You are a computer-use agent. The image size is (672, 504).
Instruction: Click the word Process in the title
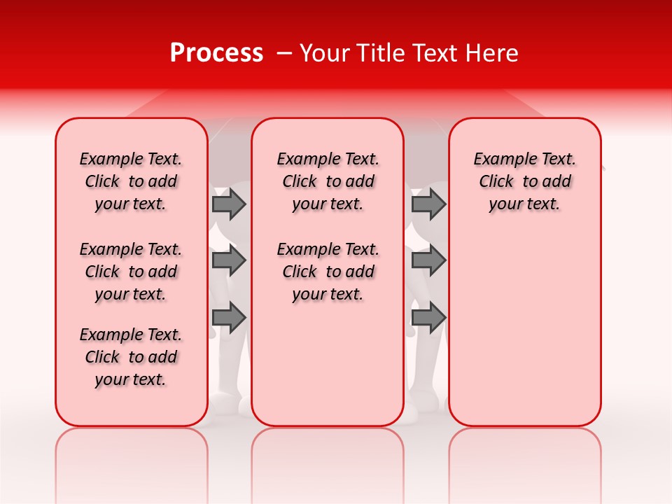pyautogui.click(x=216, y=53)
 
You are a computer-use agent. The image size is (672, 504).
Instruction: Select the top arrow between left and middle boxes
pyautogui.click(x=228, y=204)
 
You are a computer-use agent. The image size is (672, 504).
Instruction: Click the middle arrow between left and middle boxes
pyautogui.click(x=228, y=260)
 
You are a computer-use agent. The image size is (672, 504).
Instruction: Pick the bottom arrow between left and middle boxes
pyautogui.click(x=228, y=317)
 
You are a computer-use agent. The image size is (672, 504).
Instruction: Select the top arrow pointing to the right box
pyautogui.click(x=428, y=204)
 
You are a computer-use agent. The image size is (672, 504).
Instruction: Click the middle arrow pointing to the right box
pyautogui.click(x=428, y=260)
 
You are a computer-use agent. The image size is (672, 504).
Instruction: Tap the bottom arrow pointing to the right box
pyautogui.click(x=428, y=317)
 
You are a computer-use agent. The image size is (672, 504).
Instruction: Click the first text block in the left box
pyautogui.click(x=131, y=181)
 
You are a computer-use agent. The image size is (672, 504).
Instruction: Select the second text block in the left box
pyautogui.click(x=131, y=272)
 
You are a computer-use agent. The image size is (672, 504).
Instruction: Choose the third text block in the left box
pyautogui.click(x=131, y=357)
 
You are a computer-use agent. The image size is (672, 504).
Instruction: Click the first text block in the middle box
pyautogui.click(x=328, y=181)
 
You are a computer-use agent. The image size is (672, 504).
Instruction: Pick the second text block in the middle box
pyautogui.click(x=328, y=272)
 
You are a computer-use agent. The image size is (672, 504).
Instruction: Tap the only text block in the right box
pyautogui.click(x=525, y=181)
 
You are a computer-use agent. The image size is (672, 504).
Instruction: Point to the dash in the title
pyautogui.click(x=284, y=53)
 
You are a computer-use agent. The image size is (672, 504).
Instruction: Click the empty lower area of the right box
pyautogui.click(x=525, y=329)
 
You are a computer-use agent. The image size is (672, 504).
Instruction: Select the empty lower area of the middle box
pyautogui.click(x=328, y=364)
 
